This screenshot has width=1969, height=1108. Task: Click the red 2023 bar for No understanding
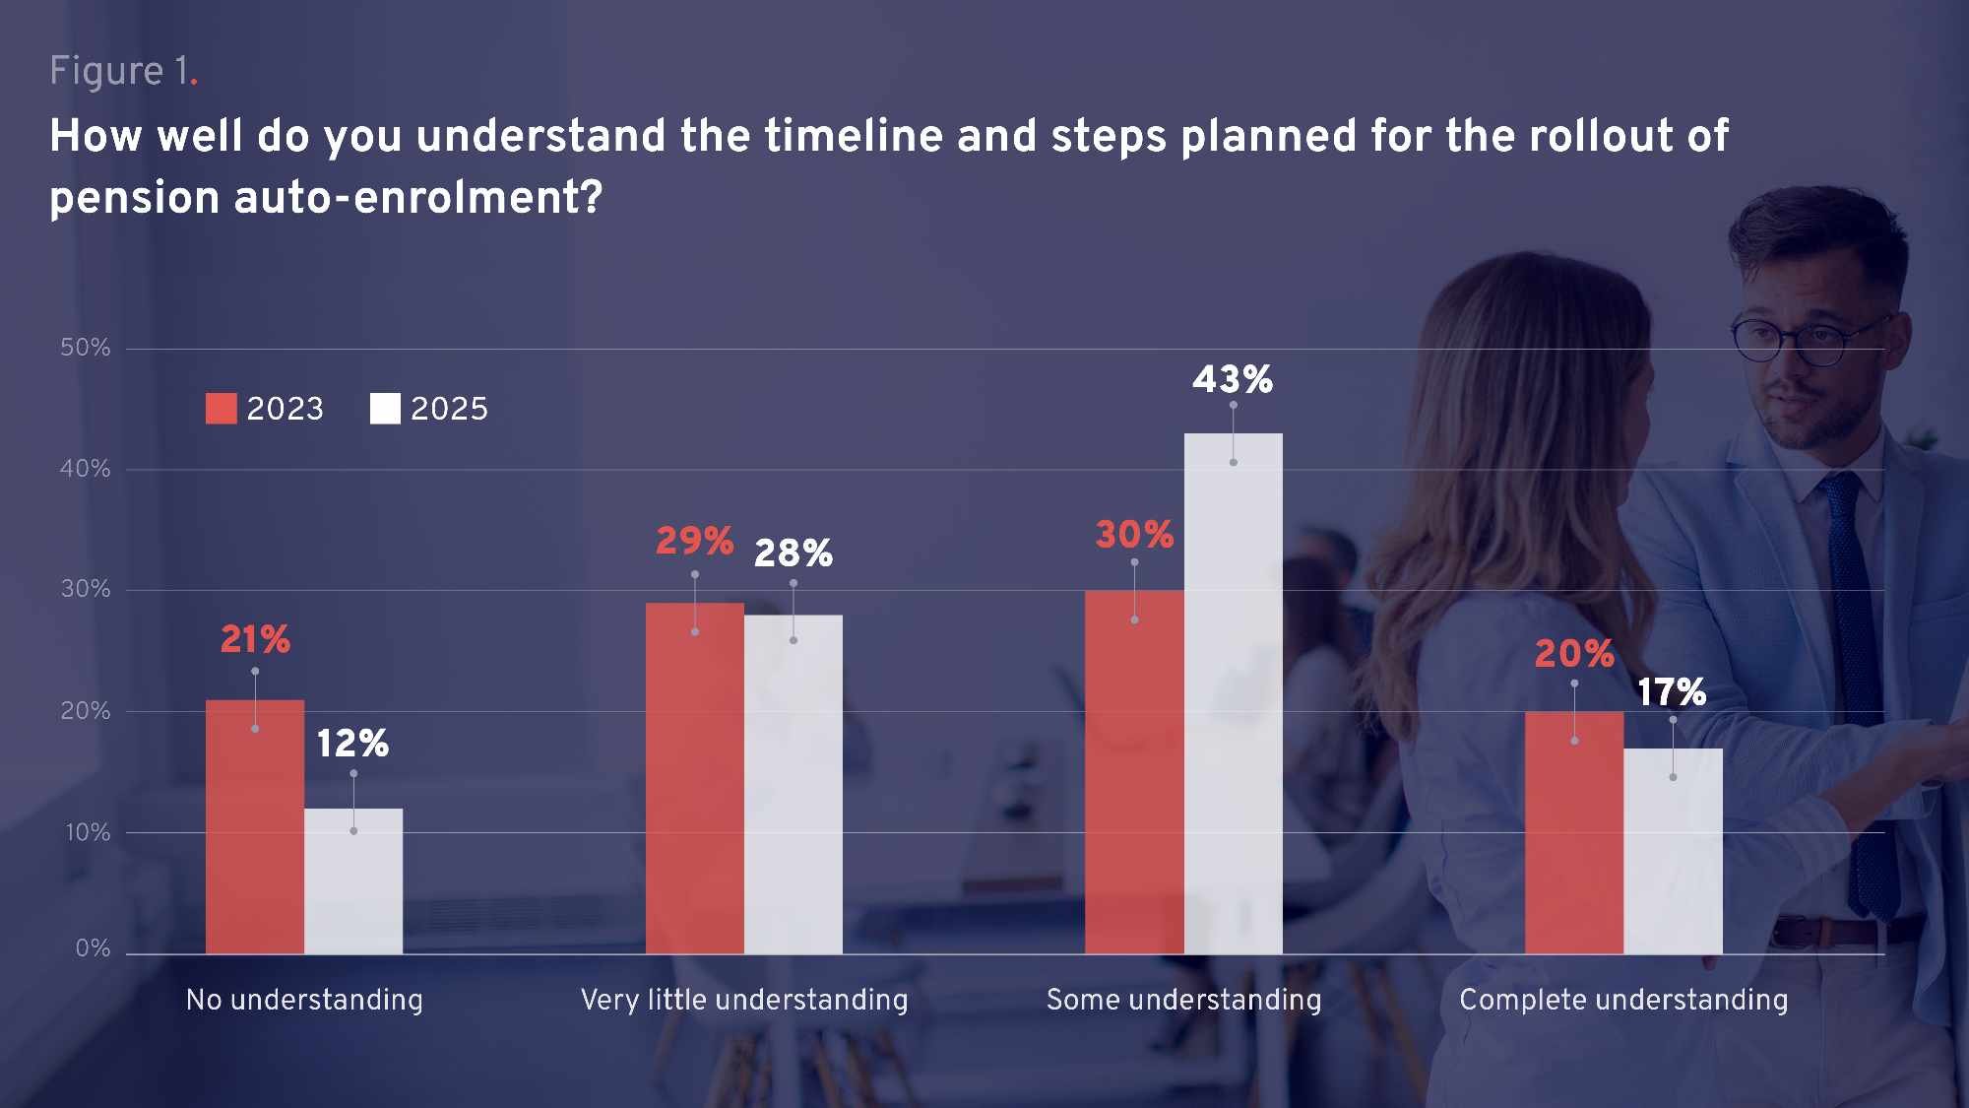tap(255, 827)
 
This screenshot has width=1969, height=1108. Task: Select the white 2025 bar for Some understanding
tap(1233, 693)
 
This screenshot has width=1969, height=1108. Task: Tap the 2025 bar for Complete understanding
tap(1673, 851)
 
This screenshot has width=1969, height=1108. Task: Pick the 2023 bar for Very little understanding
tap(695, 778)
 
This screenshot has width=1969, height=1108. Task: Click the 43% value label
tap(1233, 379)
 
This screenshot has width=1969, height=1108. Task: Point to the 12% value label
tap(352, 744)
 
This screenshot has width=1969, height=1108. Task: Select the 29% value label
tap(695, 541)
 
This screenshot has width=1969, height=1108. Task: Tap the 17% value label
tap(1672, 692)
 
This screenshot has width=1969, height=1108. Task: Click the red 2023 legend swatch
tap(222, 409)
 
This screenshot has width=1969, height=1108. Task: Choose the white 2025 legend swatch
tap(385, 409)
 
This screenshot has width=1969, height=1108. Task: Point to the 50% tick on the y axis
tap(86, 348)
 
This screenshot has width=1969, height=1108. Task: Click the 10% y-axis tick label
tap(88, 833)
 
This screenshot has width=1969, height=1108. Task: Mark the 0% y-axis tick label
tap(94, 948)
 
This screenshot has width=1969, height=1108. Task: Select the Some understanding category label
tap(1184, 1001)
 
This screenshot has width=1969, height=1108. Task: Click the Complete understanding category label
tap(1623, 1001)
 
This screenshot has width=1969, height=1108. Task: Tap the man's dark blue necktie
tap(1857, 689)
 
